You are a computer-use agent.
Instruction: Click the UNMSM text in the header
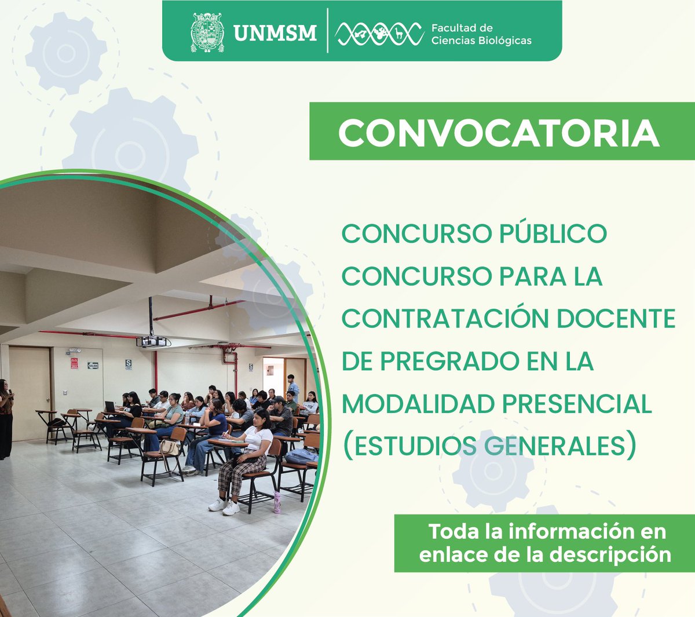pyautogui.click(x=275, y=33)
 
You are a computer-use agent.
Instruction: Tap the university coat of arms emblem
pyautogui.click(x=207, y=32)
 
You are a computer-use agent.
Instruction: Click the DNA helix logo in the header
pyautogui.click(x=379, y=34)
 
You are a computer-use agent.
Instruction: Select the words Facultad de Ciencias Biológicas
pyautogui.click(x=481, y=34)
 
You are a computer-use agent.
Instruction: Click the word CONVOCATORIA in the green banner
pyautogui.click(x=499, y=133)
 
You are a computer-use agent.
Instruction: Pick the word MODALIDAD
pyautogui.click(x=417, y=404)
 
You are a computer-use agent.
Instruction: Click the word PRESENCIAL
pyautogui.click(x=576, y=404)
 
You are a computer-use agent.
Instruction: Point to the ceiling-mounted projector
pyautogui.click(x=153, y=341)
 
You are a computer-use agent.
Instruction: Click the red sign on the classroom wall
pyautogui.click(x=74, y=363)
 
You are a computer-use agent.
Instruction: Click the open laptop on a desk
pyautogui.click(x=109, y=407)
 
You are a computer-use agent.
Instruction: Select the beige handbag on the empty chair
pyautogui.click(x=169, y=447)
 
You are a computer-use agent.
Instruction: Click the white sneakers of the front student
pyautogui.click(x=224, y=506)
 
